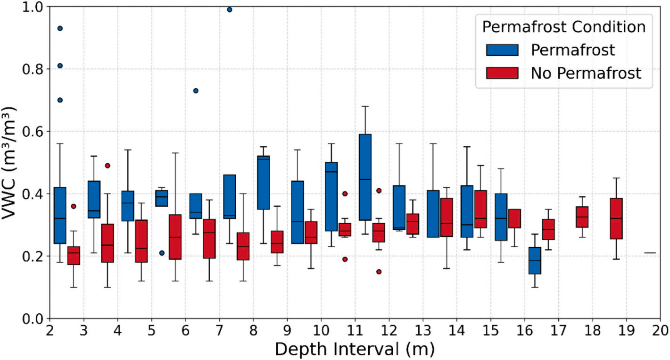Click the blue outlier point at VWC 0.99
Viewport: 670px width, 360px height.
pos(230,9)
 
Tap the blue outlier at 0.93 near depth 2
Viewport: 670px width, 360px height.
pos(60,28)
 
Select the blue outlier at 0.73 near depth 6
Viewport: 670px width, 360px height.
pos(196,91)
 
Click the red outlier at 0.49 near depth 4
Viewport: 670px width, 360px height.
pos(108,166)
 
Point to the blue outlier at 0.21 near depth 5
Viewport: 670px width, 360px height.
pos(162,253)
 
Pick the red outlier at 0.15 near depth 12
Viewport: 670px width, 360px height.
pos(379,272)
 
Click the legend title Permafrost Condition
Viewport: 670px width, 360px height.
pos(563,27)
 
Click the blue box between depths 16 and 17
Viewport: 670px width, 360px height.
pos(535,260)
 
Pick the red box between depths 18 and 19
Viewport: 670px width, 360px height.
pos(616,218)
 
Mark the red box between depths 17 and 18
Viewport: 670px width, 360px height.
pos(582,217)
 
